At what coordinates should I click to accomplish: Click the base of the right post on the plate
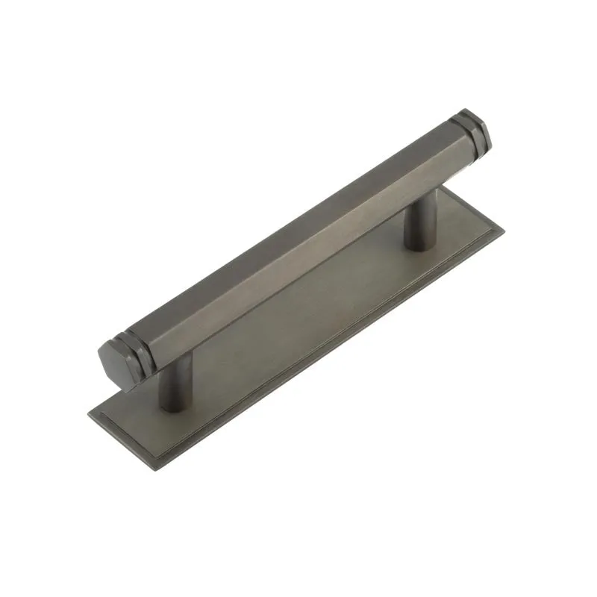[417, 240]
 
